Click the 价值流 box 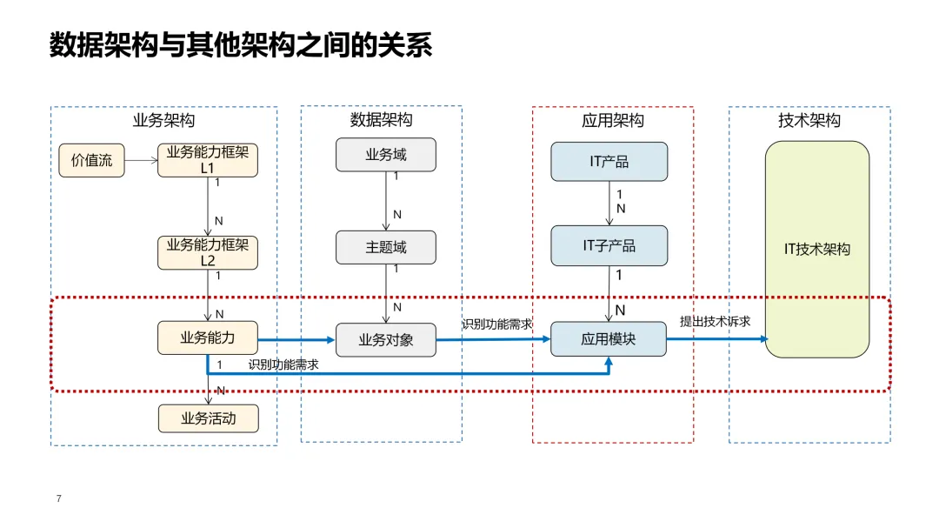pos(91,160)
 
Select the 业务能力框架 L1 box pos(208,160)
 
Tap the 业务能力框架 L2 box pos(208,252)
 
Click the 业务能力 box pos(208,338)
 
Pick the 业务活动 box pos(209,418)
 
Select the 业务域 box pos(386,155)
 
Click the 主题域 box pos(386,247)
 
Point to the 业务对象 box pos(386,340)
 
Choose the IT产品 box pos(609,161)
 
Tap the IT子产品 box pos(609,245)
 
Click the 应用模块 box pos(609,339)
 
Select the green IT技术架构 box pos(816,250)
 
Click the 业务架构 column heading pos(163,120)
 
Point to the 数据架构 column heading pos(382,120)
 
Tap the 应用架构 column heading pos(613,120)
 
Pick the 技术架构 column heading pos(809,120)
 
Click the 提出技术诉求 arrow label pos(715,322)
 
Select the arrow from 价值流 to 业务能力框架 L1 pos(142,160)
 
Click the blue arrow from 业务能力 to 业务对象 pos(296,340)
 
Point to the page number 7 pos(59,498)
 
